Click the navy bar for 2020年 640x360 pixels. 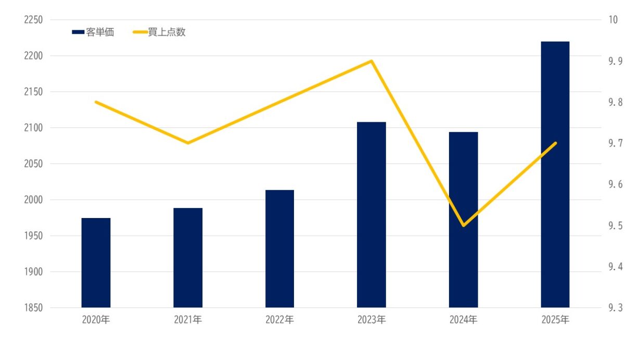(96, 263)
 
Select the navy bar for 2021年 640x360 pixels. (188, 258)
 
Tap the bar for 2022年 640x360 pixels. (280, 249)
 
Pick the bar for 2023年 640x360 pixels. (372, 214)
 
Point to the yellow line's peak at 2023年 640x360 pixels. (371, 61)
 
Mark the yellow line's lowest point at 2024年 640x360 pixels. (463, 225)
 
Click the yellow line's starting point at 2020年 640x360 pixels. (96, 102)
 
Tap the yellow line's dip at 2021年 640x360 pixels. (188, 143)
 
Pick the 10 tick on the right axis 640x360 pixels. (612, 20)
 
